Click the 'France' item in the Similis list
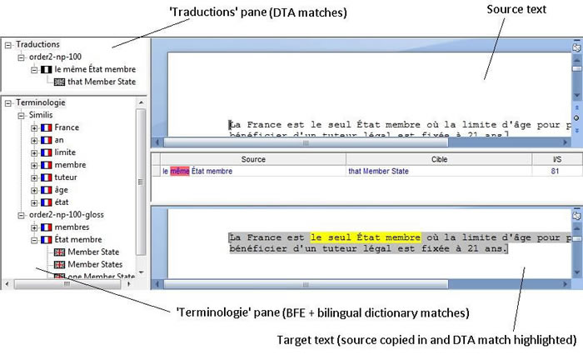point(67,127)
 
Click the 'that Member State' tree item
point(102,82)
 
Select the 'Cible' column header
point(439,158)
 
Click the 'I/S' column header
point(556,158)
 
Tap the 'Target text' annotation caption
point(425,340)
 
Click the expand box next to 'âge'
point(34,190)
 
